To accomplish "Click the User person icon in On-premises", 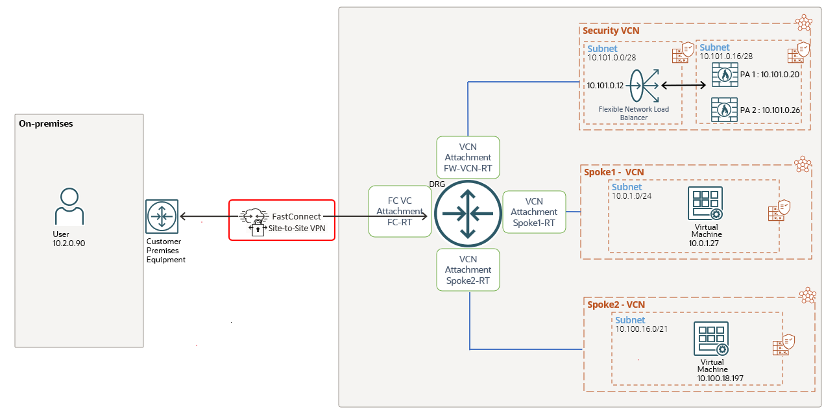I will point(69,206).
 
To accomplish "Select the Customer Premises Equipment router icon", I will point(162,216).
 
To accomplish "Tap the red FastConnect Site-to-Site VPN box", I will point(282,220).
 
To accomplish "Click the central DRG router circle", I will point(468,212).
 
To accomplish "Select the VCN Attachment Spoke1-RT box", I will point(534,212).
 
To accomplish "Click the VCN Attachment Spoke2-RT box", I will point(468,269).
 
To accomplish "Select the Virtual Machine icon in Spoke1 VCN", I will point(706,204).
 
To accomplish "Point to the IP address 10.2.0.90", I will point(69,243).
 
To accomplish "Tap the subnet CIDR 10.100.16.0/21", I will point(641,329).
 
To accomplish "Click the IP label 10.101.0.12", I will point(605,85).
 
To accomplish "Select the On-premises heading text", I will point(46,123).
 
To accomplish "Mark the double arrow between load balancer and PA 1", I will point(683,85).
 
